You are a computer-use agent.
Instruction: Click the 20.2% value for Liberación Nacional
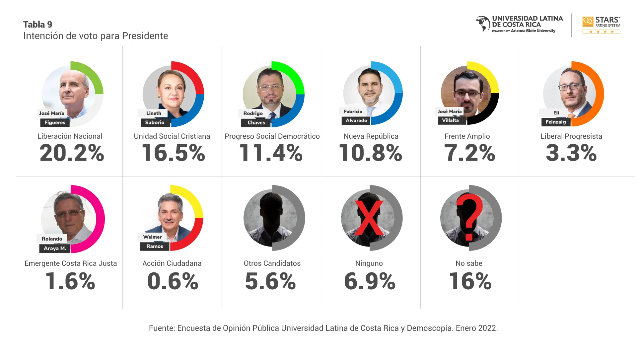[72, 153]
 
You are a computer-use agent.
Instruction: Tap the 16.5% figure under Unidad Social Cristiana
[173, 153]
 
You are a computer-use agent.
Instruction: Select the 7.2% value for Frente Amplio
[469, 153]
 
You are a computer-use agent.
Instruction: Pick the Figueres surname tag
[55, 122]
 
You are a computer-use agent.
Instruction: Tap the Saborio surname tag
[155, 122]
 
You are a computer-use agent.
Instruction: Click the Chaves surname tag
[256, 122]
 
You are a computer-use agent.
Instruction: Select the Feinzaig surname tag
[555, 122]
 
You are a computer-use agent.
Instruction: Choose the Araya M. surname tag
[55, 248]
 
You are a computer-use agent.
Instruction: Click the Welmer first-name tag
[152, 237]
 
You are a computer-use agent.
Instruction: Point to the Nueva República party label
[371, 136]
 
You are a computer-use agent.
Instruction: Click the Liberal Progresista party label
[571, 136]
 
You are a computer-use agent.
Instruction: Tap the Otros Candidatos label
[272, 263]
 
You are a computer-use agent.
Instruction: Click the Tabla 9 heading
[37, 25]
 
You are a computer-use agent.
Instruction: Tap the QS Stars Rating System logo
[601, 25]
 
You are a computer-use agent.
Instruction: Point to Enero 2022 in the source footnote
[476, 328]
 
